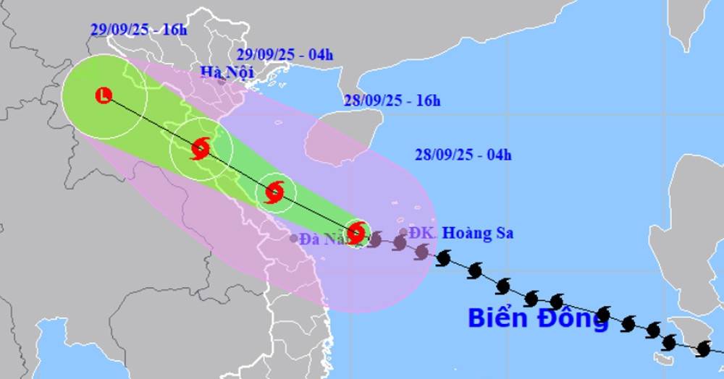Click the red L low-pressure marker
point(104,95)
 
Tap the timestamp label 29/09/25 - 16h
point(129,30)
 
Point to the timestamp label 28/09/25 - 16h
point(392,101)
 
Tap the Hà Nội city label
point(224,72)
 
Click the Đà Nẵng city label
point(324,238)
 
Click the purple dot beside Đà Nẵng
point(293,238)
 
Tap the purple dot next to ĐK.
point(403,232)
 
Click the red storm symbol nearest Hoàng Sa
point(355,233)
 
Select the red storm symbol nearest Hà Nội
point(201,150)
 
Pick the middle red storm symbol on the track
point(274,192)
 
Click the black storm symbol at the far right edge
point(703,349)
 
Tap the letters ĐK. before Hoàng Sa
point(422,233)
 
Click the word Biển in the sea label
point(499,318)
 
